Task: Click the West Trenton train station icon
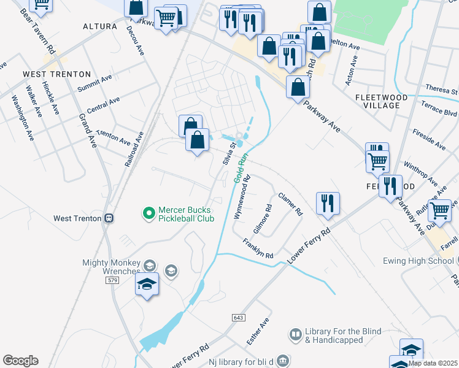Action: pyautogui.click(x=109, y=218)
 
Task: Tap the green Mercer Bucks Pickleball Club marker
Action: pyautogui.click(x=148, y=213)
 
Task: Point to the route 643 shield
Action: pyautogui.click(x=239, y=317)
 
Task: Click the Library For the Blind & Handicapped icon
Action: pyautogui.click(x=295, y=334)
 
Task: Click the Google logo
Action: pyautogui.click(x=20, y=361)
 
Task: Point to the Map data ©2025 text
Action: pyautogui.click(x=433, y=363)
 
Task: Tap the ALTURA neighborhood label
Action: pyautogui.click(x=100, y=26)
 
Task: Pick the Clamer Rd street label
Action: pyautogui.click(x=290, y=204)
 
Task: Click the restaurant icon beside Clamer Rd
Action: pyautogui.click(x=328, y=203)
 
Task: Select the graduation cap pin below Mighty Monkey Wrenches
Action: pyautogui.click(x=147, y=284)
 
